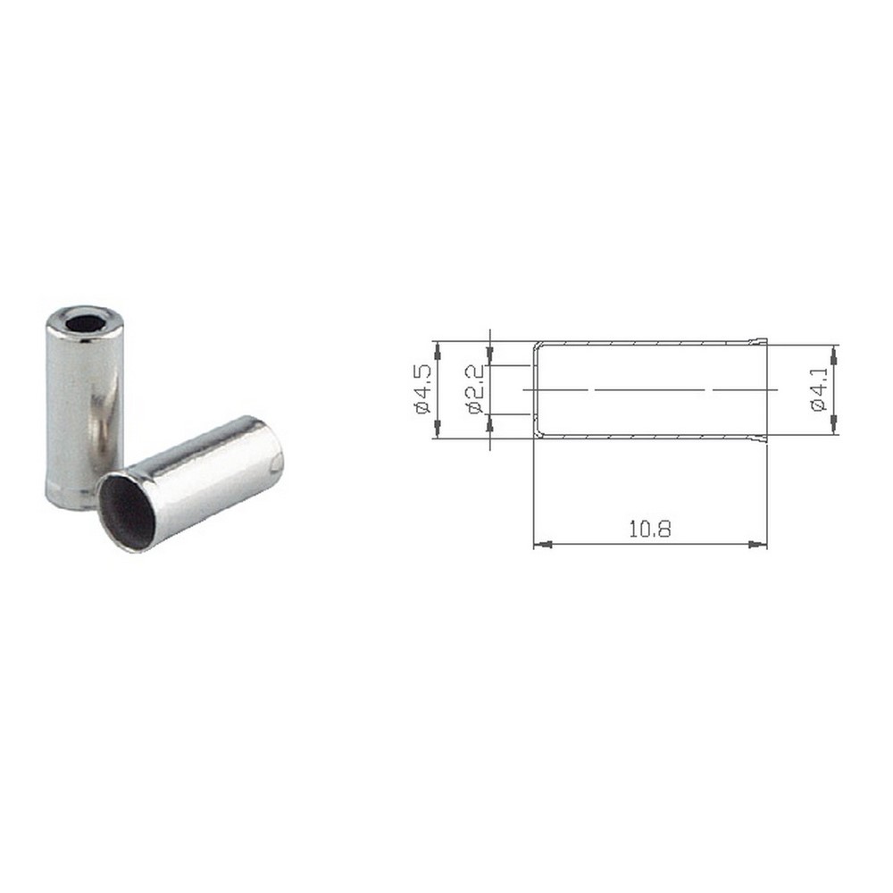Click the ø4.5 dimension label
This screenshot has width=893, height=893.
[x=423, y=390]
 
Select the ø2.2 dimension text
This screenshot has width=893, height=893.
[x=475, y=389]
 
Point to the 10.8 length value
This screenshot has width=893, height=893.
[x=650, y=529]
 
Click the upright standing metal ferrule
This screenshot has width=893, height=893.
[x=84, y=407]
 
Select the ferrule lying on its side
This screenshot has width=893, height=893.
[x=191, y=483]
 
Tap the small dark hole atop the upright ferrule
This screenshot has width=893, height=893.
[x=82, y=322]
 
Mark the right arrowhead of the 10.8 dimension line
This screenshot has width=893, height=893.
[x=757, y=545]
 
